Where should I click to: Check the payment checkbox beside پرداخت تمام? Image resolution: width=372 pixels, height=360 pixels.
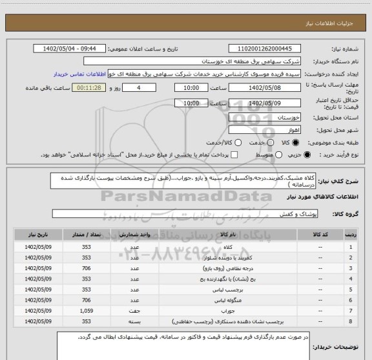point(235,154)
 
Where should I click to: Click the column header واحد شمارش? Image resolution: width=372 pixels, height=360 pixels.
point(135,236)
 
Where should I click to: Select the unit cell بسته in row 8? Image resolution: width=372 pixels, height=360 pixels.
point(135,321)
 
